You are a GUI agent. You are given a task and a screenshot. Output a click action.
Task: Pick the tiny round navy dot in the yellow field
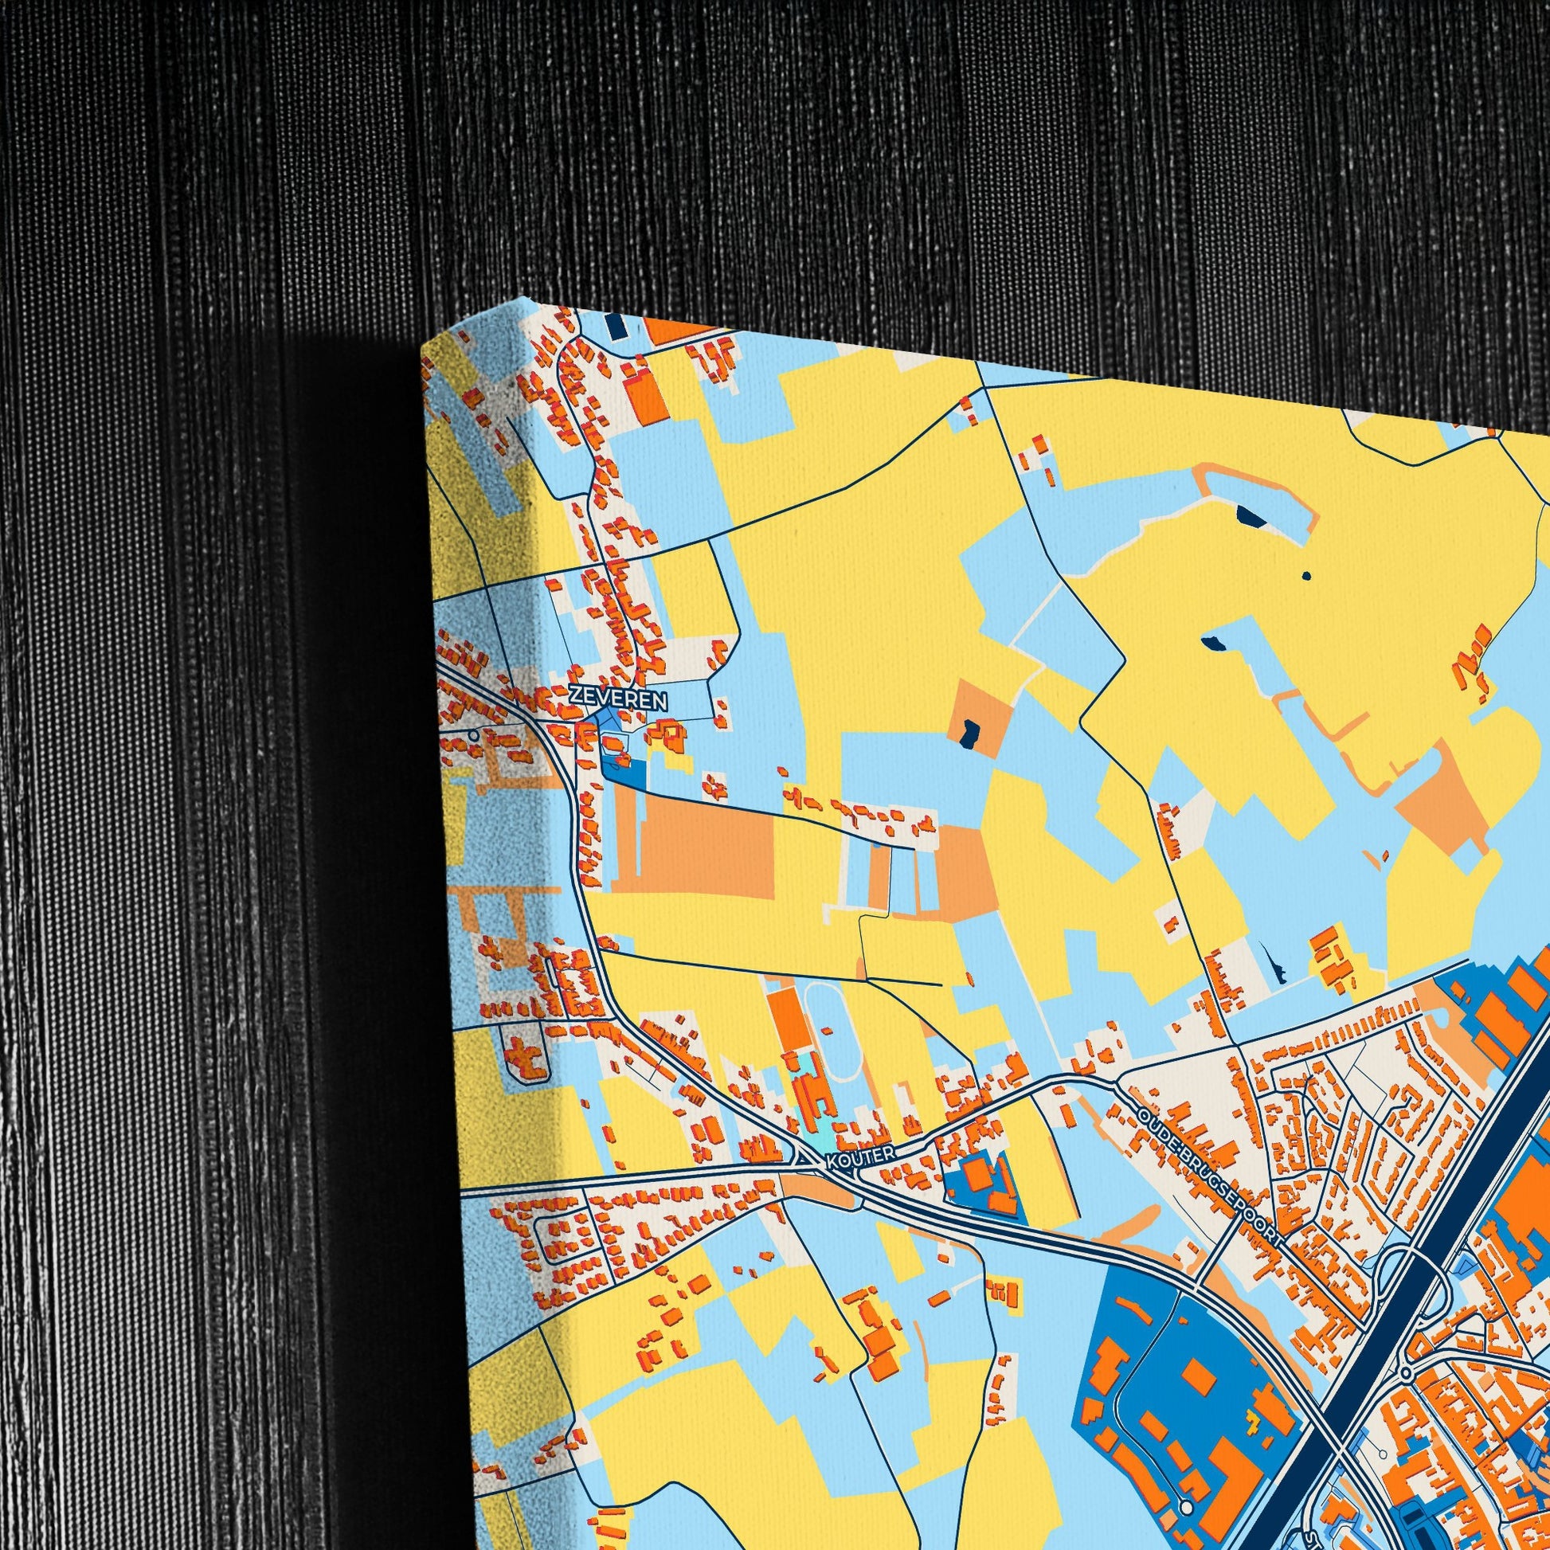point(1306,575)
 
